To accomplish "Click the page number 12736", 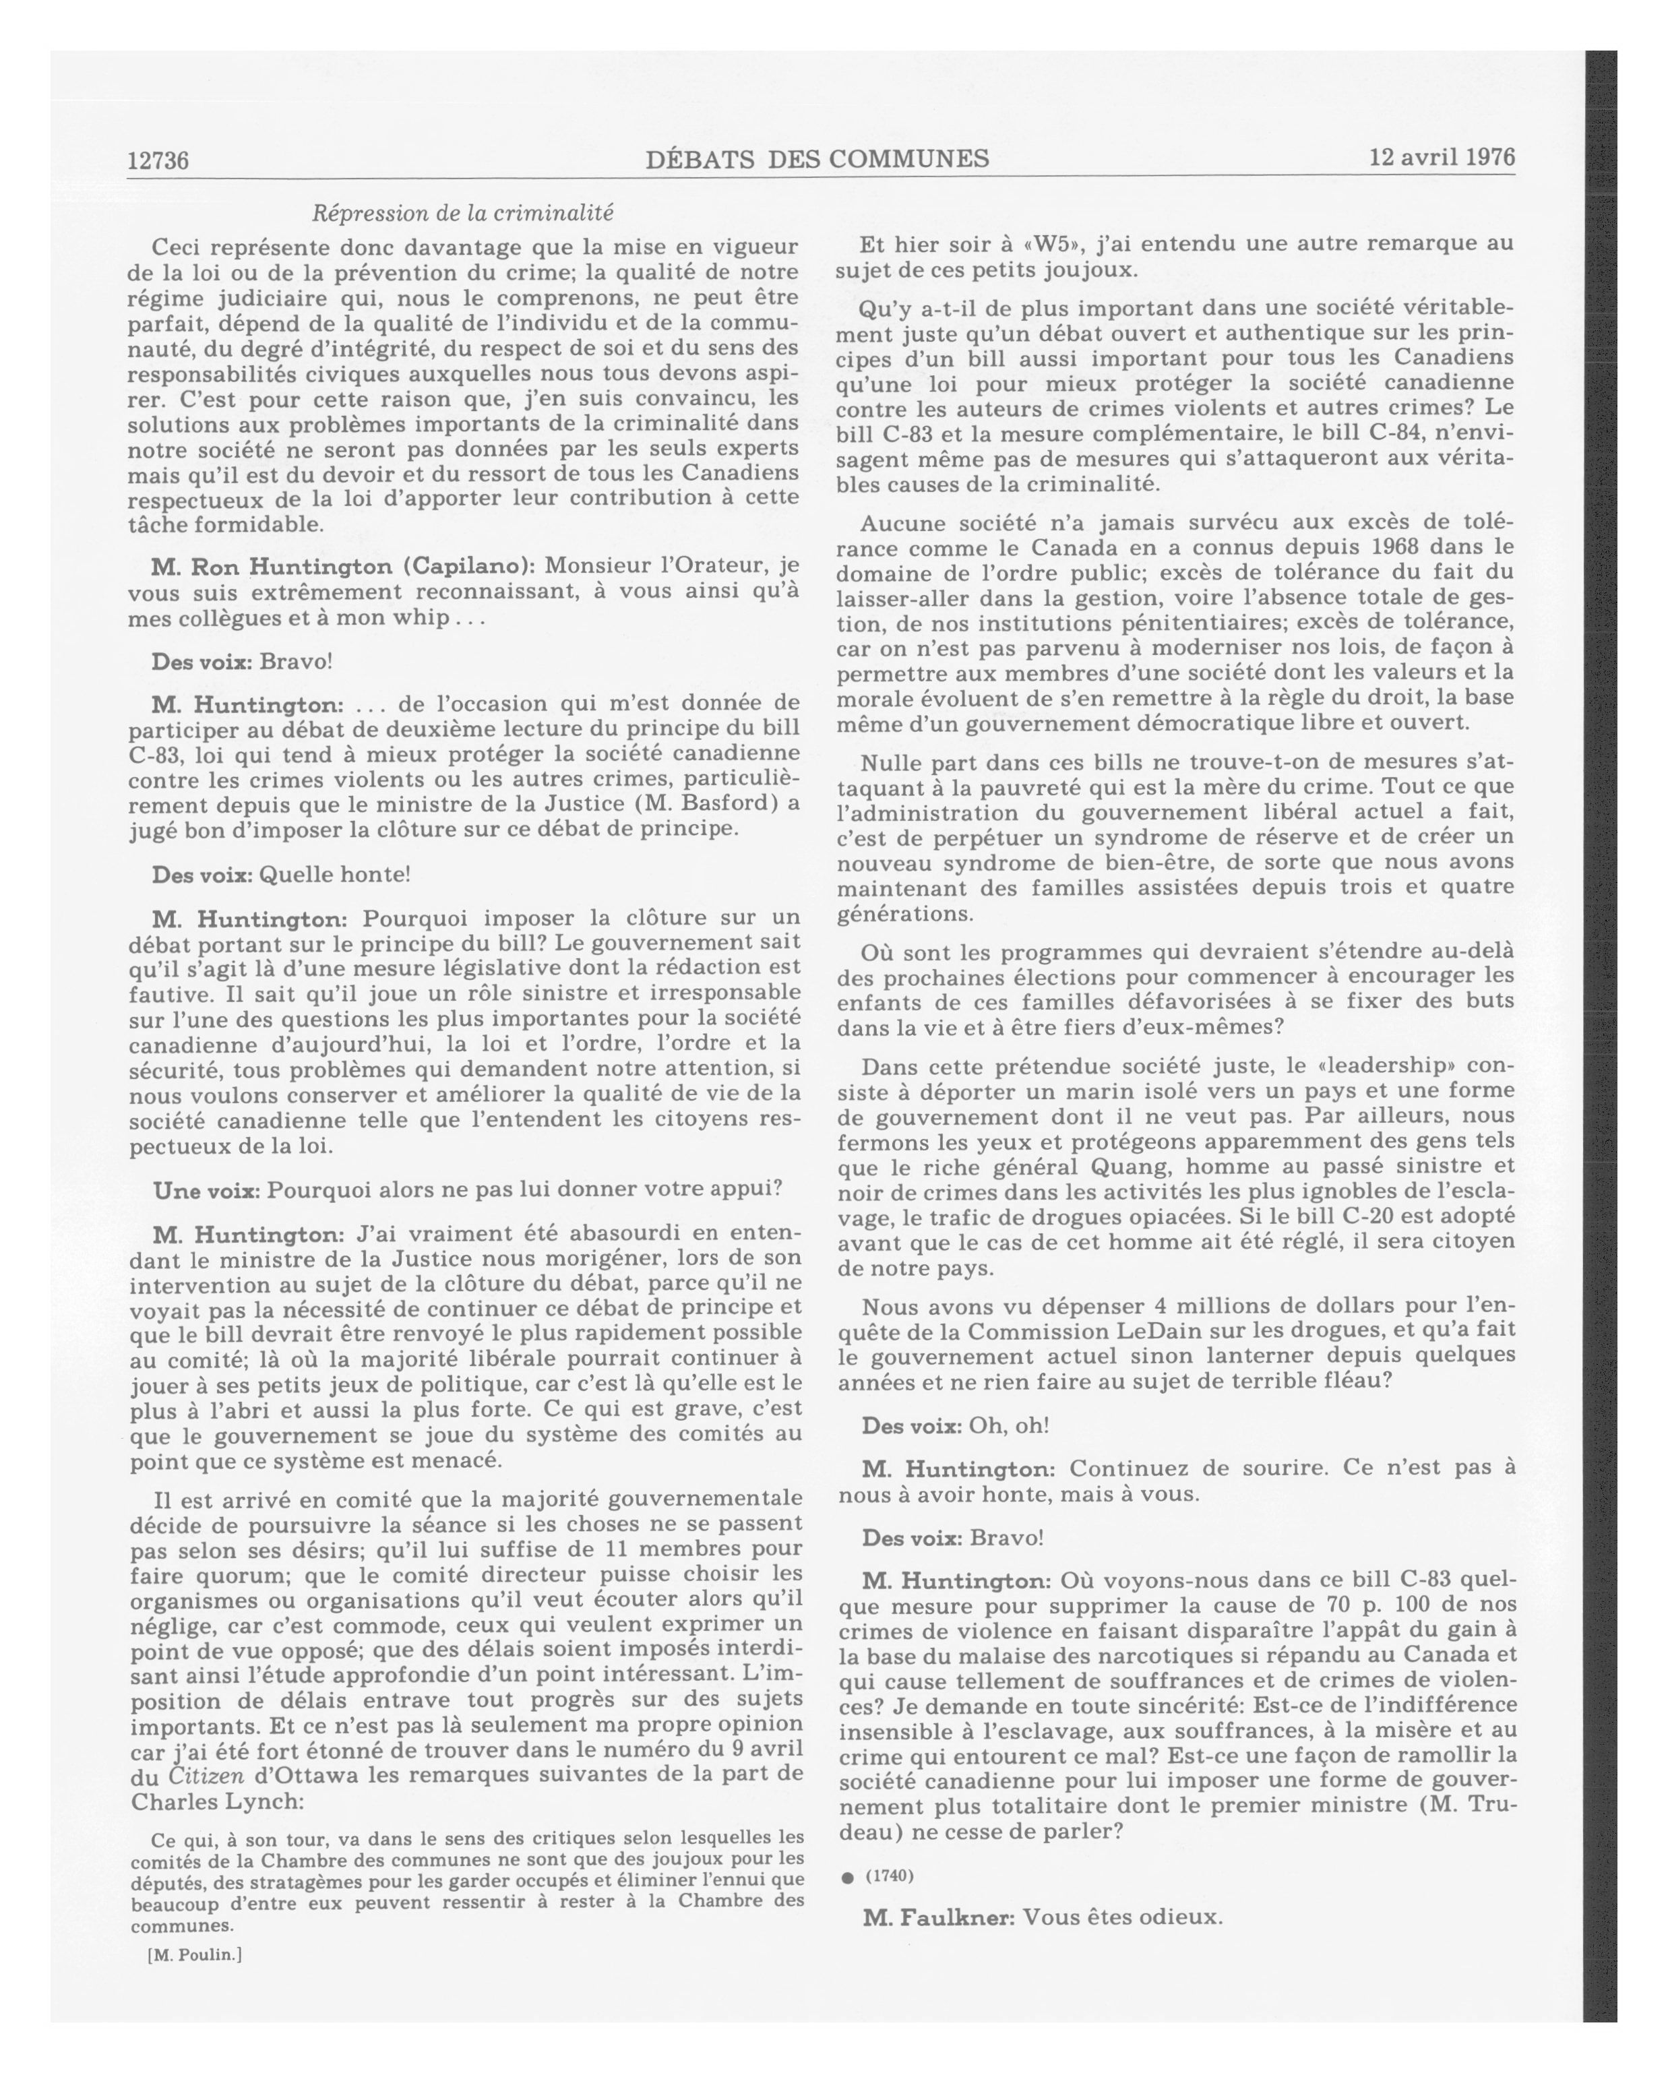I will click(x=158, y=160).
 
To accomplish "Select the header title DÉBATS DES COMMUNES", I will click(x=817, y=158).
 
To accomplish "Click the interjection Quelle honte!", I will click(x=336, y=874).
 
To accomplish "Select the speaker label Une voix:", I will click(x=207, y=1189).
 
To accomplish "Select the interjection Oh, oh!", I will click(x=1008, y=1425).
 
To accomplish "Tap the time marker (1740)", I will click(x=890, y=1876).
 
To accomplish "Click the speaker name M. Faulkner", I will click(x=938, y=1917).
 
